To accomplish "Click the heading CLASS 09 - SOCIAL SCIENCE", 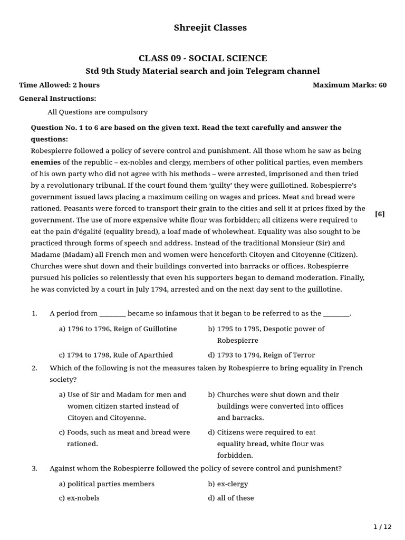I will (202, 59).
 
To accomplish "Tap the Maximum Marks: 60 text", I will (349, 85).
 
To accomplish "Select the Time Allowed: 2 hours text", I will (59, 85).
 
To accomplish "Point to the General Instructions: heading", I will (57, 99).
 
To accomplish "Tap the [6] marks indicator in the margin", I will (380, 214).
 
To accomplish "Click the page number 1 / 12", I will (383, 527).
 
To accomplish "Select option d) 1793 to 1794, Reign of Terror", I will (261, 355).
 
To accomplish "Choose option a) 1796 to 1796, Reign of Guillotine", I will (118, 329).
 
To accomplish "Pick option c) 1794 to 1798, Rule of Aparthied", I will (115, 355).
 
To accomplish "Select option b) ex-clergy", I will (228, 484).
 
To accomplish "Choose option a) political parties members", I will (107, 484).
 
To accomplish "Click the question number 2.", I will (34, 368).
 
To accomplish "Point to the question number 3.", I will (34, 468).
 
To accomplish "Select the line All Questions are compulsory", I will (98, 112).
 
